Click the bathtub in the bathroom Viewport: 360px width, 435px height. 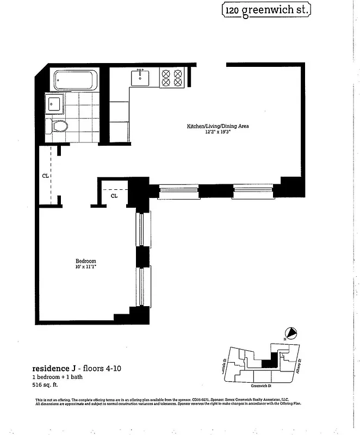[x=76, y=80]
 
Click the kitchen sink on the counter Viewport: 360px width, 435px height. [x=141, y=78]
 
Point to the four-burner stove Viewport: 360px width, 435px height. [x=172, y=78]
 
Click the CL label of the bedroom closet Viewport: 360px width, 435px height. [x=114, y=196]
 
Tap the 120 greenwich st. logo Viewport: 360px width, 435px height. [x=267, y=10]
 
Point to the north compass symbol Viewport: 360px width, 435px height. [x=291, y=333]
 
